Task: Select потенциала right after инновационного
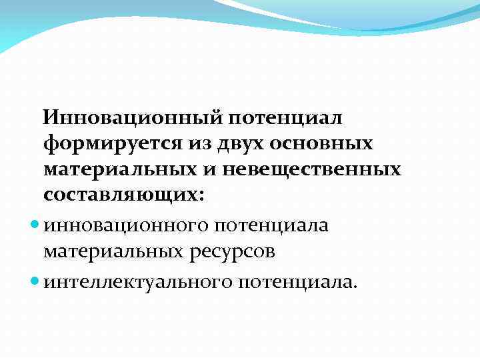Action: coord(272,225)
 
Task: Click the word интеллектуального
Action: coord(137,281)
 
